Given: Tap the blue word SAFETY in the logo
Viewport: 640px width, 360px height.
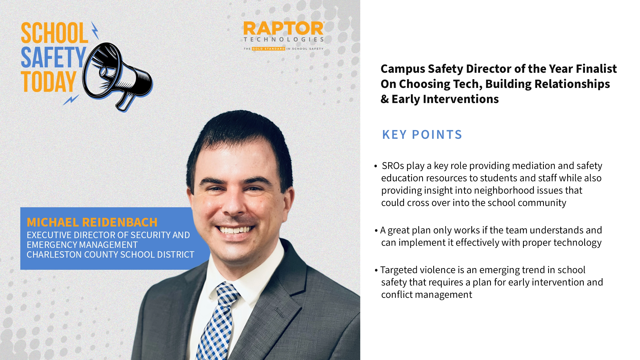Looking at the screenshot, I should tap(53, 57).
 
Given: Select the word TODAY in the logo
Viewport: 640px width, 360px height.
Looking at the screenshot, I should tap(48, 82).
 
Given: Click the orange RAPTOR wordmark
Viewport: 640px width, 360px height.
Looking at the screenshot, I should tap(283, 29).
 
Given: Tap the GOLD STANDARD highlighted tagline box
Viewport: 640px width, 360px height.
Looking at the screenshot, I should tap(268, 49).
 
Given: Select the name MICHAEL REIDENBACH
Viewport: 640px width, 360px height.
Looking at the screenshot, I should tap(92, 222).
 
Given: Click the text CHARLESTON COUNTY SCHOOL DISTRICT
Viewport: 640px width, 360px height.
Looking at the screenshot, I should tap(111, 255).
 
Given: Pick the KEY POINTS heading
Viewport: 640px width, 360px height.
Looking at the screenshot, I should tap(422, 135).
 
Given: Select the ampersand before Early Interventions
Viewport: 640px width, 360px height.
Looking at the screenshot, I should tap(384, 99).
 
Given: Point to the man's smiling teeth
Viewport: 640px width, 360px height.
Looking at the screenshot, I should tap(235, 229).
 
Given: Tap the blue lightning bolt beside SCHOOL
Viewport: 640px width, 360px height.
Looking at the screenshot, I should tap(95, 30).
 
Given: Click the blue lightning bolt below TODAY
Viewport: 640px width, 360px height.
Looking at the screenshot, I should tap(71, 100).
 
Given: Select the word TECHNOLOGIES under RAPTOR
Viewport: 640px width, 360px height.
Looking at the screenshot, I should tap(284, 40).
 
